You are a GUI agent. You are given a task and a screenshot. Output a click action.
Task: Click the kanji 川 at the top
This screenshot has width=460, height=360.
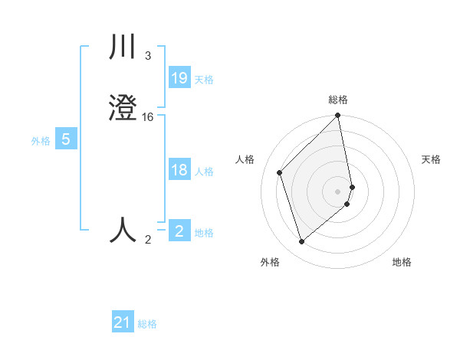point(123,48)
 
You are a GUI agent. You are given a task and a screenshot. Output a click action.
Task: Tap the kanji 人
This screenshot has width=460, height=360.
point(123,229)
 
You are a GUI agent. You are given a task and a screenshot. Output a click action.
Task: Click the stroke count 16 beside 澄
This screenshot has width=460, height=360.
point(148,116)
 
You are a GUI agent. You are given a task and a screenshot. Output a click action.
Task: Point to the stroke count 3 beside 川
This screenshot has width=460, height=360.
point(148,56)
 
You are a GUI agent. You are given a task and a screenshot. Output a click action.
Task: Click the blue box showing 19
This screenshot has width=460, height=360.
point(179,77)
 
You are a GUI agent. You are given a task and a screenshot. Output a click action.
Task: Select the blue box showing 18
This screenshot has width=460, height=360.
point(179,170)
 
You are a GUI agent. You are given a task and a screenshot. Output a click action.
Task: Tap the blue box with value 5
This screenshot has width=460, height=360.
point(66,139)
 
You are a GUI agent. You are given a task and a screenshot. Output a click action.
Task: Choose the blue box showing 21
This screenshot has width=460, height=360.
point(123,322)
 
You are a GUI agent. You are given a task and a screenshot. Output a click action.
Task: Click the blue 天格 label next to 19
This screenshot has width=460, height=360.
point(204,79)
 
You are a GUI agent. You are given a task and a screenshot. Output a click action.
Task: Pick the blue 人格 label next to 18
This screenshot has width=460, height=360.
point(205,172)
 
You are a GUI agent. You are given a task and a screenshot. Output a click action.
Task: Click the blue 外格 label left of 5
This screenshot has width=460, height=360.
point(41,141)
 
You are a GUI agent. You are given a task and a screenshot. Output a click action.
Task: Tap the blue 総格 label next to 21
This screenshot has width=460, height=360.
point(147,324)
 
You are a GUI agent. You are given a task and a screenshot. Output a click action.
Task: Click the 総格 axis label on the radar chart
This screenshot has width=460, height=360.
point(338,100)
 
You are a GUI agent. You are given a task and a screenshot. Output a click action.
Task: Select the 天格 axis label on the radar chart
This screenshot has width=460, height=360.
point(431,159)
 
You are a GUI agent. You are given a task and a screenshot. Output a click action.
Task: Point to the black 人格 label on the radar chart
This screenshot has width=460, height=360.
point(245,159)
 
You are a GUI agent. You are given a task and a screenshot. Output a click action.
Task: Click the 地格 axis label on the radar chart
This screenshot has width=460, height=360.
point(402,262)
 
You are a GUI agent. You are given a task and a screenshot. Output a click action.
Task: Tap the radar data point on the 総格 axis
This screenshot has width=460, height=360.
point(338,116)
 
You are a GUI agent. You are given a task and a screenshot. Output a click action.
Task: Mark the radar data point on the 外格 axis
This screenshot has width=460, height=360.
point(301,242)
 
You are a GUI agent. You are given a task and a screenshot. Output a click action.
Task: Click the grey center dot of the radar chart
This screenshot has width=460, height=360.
point(338,191)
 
